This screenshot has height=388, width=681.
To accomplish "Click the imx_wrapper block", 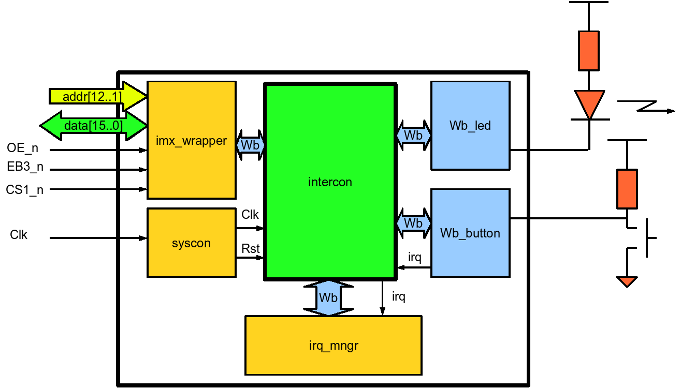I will [x=192, y=140].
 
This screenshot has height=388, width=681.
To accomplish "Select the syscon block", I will [x=191, y=243].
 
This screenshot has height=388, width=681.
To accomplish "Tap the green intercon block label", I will [x=330, y=182].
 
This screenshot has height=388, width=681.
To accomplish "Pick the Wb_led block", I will [x=470, y=126].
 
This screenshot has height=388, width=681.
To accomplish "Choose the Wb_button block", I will [x=470, y=233].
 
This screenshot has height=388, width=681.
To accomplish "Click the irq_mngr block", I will [x=333, y=345].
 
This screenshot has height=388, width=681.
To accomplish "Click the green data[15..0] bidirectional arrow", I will [x=93, y=125].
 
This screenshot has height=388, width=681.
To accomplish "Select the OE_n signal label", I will [x=22, y=149].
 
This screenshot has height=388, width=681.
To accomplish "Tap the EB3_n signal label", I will [x=25, y=169].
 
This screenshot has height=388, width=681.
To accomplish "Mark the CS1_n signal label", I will [x=25, y=189].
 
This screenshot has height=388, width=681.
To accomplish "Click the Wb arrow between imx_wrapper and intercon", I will [x=250, y=145].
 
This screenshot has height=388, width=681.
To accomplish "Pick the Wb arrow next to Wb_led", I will [x=413, y=135].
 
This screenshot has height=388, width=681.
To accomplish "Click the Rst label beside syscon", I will [x=251, y=248].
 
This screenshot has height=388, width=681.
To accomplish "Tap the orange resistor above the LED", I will [x=589, y=50].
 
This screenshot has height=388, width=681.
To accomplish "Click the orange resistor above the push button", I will [x=627, y=189].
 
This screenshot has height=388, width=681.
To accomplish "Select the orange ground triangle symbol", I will [x=627, y=281].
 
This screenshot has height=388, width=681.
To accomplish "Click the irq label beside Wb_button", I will [x=415, y=257].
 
